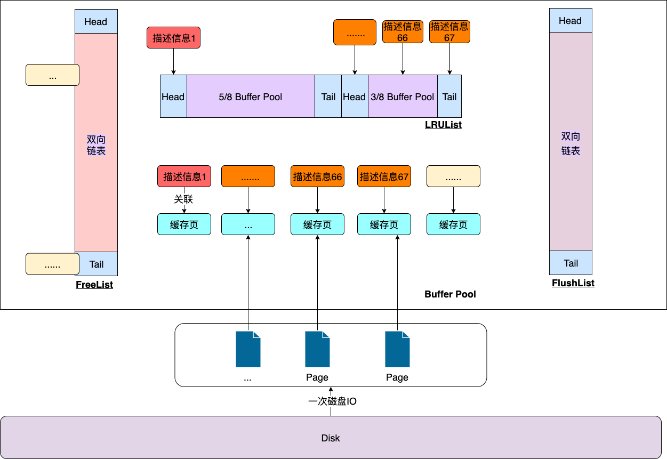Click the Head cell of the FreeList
(96, 22)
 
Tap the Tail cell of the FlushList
(570, 263)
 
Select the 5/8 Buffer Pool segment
(251, 96)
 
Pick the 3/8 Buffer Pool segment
(403, 96)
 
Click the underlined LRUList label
(443, 125)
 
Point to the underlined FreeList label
(94, 285)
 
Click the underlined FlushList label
(573, 283)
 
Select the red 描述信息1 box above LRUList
(173, 38)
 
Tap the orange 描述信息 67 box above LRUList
(449, 32)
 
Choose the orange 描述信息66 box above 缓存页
(317, 176)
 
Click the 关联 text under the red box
(183, 199)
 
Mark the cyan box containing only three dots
(248, 224)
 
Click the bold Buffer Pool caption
(450, 294)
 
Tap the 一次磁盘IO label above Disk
(332, 401)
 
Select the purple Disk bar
(331, 438)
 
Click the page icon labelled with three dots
(248, 349)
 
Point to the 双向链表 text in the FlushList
(570, 143)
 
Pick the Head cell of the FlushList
(570, 21)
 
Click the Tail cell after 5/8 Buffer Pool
(328, 96)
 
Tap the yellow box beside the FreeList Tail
(52, 264)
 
